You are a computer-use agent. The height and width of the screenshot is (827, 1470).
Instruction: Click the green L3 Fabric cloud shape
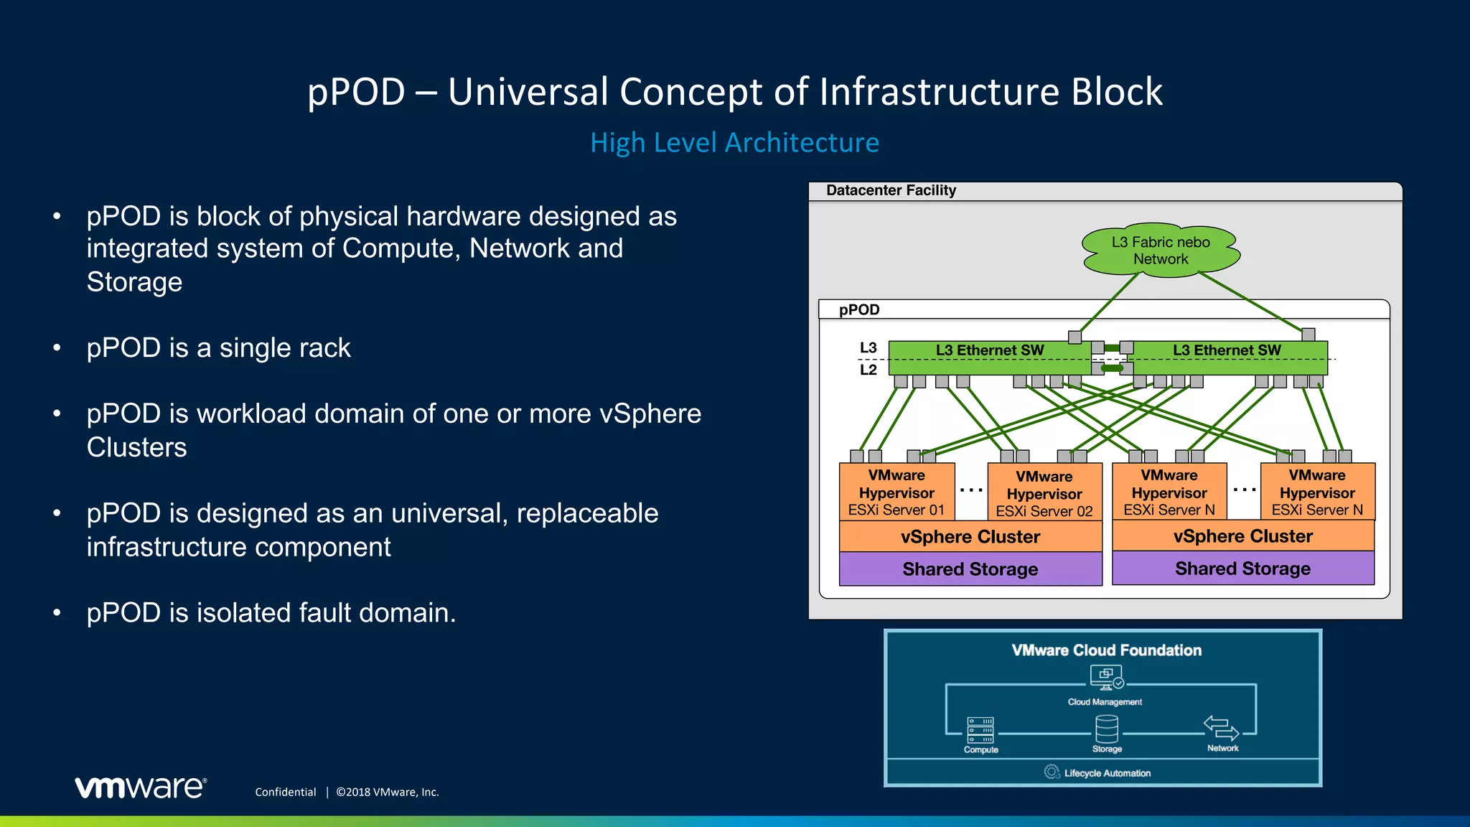click(1161, 251)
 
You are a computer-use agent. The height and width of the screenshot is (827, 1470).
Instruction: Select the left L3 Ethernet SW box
click(989, 357)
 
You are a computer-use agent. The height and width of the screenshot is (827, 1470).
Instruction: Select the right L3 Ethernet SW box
click(1227, 357)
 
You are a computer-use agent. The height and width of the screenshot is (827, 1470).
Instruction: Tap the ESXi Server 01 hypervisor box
click(896, 492)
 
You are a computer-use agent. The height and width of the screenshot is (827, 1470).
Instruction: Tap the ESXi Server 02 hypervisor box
click(1044, 493)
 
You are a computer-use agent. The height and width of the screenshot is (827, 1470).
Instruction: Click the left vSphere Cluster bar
click(970, 536)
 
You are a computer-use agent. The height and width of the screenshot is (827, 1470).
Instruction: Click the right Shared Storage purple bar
click(1242, 569)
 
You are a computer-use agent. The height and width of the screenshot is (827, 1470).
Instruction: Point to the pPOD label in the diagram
click(859, 309)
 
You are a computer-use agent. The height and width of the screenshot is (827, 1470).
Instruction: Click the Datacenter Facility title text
click(891, 190)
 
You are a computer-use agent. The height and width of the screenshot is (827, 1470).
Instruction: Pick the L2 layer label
click(869, 370)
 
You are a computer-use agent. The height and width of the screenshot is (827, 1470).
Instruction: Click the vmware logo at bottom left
click(141, 788)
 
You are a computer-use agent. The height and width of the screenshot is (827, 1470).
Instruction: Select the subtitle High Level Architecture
click(734, 142)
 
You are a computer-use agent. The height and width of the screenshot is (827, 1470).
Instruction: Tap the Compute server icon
click(980, 730)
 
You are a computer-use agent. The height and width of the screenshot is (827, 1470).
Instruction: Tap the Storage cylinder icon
click(1107, 729)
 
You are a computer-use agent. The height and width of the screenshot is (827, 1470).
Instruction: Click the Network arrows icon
click(1222, 727)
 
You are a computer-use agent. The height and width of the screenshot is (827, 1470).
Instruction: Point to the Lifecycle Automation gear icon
click(1052, 772)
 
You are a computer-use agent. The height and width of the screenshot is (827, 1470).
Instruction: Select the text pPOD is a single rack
click(218, 347)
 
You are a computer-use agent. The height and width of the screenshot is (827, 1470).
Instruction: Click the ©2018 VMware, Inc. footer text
click(388, 792)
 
